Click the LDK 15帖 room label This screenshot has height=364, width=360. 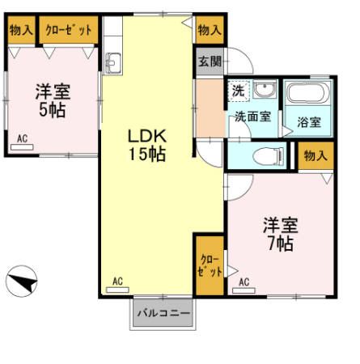(x=146, y=144)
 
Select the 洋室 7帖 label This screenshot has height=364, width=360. (x=277, y=234)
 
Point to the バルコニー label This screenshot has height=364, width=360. (x=163, y=313)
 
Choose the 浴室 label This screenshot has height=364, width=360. (x=308, y=123)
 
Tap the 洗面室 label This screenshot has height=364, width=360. (x=252, y=116)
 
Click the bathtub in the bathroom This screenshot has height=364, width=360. (x=308, y=95)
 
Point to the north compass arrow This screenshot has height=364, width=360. (x=23, y=284)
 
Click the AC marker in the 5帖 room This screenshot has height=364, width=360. (x=23, y=140)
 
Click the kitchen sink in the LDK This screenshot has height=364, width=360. (x=112, y=61)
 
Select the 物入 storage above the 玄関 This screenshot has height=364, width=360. (x=209, y=30)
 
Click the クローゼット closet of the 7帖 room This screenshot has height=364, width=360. (x=208, y=265)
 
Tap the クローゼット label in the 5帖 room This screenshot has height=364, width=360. (x=69, y=29)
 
